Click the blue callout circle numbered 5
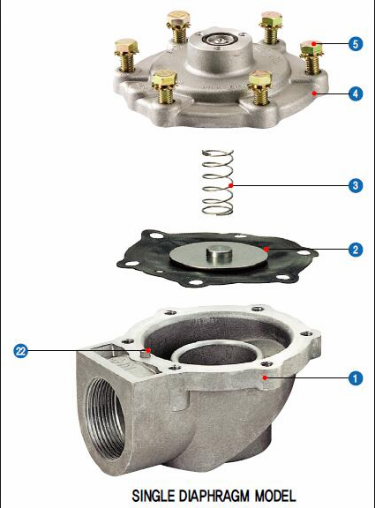coord(356,44)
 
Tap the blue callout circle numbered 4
coord(356,94)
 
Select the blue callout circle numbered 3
coord(356,185)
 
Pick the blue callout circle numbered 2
coord(356,250)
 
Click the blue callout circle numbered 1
coord(356,378)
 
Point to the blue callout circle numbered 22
coord(21,351)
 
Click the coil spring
coord(217,182)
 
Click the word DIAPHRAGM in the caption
coord(214,496)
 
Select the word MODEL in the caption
coord(275,496)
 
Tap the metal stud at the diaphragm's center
coord(219,253)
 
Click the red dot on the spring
coord(230,185)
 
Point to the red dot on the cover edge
coord(314,93)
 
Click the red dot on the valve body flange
coord(265,377)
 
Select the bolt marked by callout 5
coord(311,56)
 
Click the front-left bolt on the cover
coord(164,86)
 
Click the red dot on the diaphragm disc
coord(266,249)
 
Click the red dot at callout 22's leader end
coord(148,350)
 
